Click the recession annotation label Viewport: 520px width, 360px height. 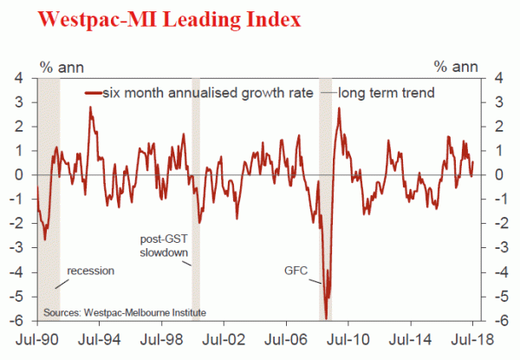pos(88,271)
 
